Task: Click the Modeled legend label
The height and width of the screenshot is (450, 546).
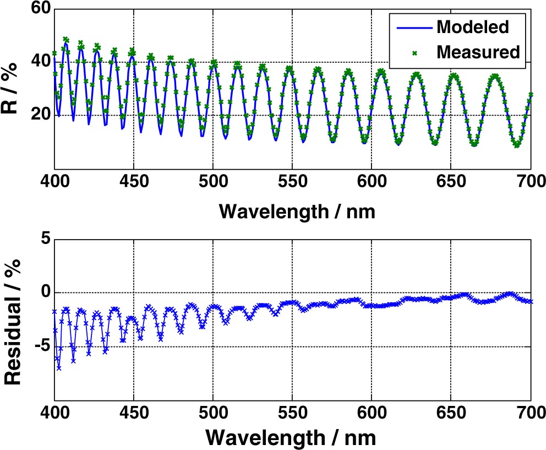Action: point(471,26)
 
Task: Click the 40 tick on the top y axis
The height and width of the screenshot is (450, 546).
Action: point(37,62)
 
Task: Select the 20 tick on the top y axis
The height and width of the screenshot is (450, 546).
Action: point(37,116)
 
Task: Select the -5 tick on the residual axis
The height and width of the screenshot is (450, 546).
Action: point(40,346)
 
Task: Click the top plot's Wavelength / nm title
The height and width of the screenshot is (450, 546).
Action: point(292,211)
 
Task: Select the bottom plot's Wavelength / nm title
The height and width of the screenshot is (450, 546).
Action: point(292,439)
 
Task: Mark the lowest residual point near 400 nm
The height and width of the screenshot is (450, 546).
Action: point(59,368)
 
